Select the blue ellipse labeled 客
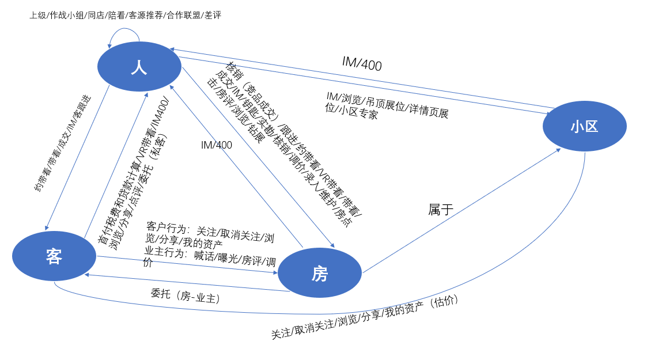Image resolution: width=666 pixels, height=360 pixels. (54, 256)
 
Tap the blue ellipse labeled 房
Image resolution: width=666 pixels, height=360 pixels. (320, 273)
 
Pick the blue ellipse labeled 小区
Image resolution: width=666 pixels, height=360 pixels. (584, 126)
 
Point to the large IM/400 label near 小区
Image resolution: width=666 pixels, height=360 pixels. (362, 63)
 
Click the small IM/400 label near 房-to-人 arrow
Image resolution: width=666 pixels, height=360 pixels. (216, 145)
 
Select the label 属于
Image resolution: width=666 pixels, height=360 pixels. (441, 210)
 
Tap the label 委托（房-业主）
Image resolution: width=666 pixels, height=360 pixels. (186, 295)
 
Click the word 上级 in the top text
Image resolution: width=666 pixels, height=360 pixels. (38, 16)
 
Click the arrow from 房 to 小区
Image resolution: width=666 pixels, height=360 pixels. (461, 210)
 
